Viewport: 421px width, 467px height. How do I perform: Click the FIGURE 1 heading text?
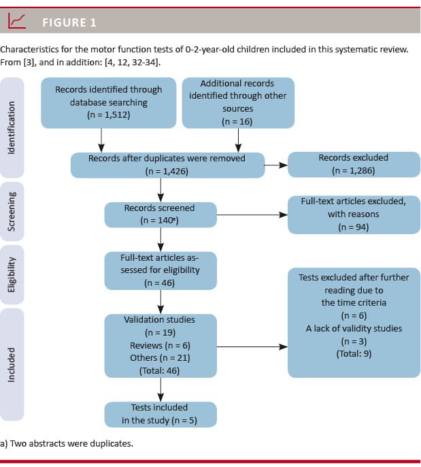coord(69,22)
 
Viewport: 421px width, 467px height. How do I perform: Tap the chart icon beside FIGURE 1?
coord(17,22)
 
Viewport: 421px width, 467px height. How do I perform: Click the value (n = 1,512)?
coord(109,114)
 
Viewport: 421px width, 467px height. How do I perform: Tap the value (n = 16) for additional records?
coord(237,121)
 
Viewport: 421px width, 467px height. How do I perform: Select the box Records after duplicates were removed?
coord(167,165)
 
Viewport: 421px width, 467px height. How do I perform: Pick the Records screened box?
coord(159,214)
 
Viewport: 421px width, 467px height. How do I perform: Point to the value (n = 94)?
coord(353,227)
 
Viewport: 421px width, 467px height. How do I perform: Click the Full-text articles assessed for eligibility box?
coord(160,270)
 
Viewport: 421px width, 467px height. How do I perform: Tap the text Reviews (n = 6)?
coord(160,345)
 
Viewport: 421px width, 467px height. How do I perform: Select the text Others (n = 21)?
coord(160,358)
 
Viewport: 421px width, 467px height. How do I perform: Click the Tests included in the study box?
coord(160,414)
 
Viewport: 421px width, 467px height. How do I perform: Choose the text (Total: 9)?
coord(353,353)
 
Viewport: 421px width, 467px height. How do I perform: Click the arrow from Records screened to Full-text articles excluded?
coord(252,214)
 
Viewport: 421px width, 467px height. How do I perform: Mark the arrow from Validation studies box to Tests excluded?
coord(252,346)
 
